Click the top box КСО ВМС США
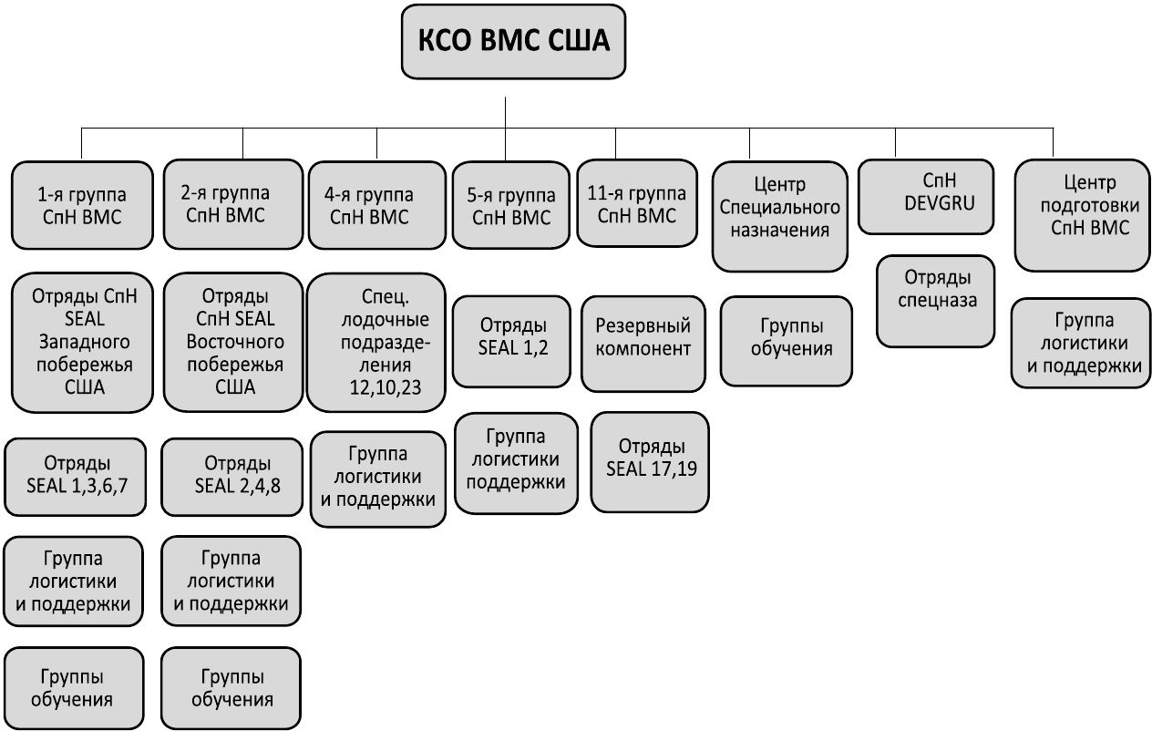click(x=513, y=42)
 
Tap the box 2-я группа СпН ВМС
click(x=232, y=204)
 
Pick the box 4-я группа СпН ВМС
click(x=376, y=205)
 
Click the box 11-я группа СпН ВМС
click(x=637, y=204)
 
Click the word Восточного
click(x=235, y=342)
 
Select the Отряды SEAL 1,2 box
click(x=512, y=336)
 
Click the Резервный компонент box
click(x=643, y=336)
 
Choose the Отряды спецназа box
click(x=935, y=288)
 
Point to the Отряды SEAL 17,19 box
click(x=650, y=458)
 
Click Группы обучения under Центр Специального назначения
click(x=787, y=336)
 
